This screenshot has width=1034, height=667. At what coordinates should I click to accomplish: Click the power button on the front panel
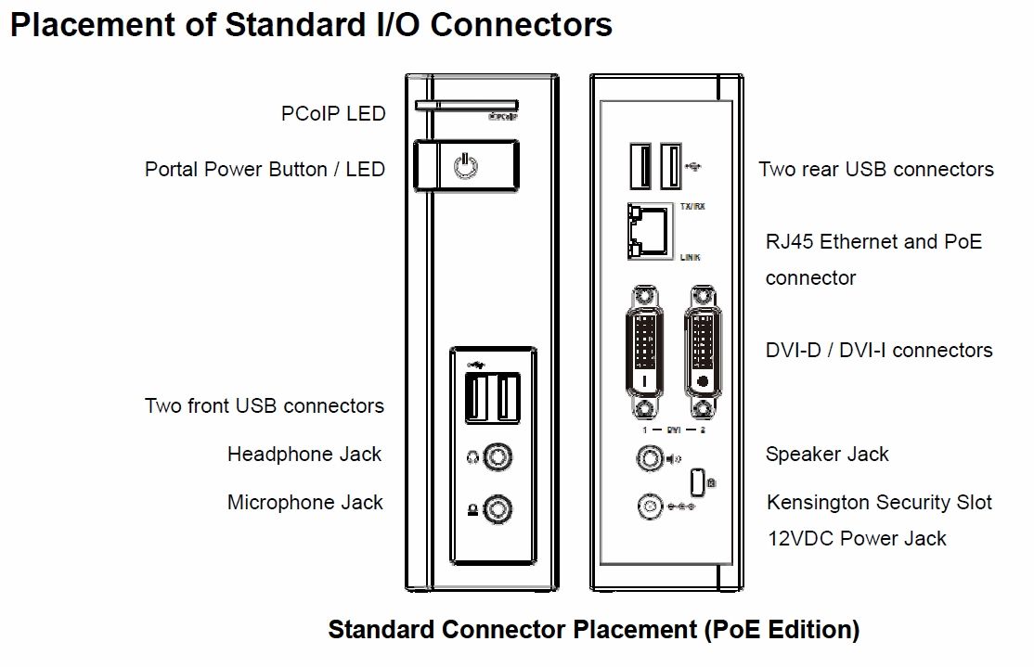pyautogui.click(x=466, y=168)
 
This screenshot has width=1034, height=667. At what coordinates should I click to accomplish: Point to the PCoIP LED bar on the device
pyautogui.click(x=467, y=106)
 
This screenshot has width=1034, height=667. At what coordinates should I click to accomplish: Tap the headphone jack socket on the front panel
pyautogui.click(x=501, y=457)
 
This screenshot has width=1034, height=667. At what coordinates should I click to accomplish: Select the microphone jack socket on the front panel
pyautogui.click(x=501, y=507)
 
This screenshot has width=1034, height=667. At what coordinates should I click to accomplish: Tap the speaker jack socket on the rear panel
pyautogui.click(x=647, y=457)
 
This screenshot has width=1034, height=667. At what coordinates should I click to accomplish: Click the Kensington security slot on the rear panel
pyautogui.click(x=697, y=481)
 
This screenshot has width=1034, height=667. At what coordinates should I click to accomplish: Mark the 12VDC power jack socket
pyautogui.click(x=649, y=506)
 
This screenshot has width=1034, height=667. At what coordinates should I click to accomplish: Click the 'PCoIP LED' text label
pyautogui.click(x=332, y=114)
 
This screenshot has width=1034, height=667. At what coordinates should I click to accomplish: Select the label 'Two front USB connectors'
pyautogui.click(x=264, y=406)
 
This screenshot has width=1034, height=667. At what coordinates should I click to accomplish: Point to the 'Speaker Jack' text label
pyautogui.click(x=827, y=455)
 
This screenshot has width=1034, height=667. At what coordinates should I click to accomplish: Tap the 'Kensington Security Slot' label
pyautogui.click(x=879, y=503)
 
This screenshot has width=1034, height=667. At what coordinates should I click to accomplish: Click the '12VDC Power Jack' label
pyautogui.click(x=857, y=538)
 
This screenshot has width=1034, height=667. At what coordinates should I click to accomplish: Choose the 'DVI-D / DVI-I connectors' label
pyautogui.click(x=879, y=351)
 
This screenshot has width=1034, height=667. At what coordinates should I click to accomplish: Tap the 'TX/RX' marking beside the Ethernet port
pyautogui.click(x=692, y=206)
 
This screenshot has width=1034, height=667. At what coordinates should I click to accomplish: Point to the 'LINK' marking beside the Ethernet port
pyautogui.click(x=690, y=257)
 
